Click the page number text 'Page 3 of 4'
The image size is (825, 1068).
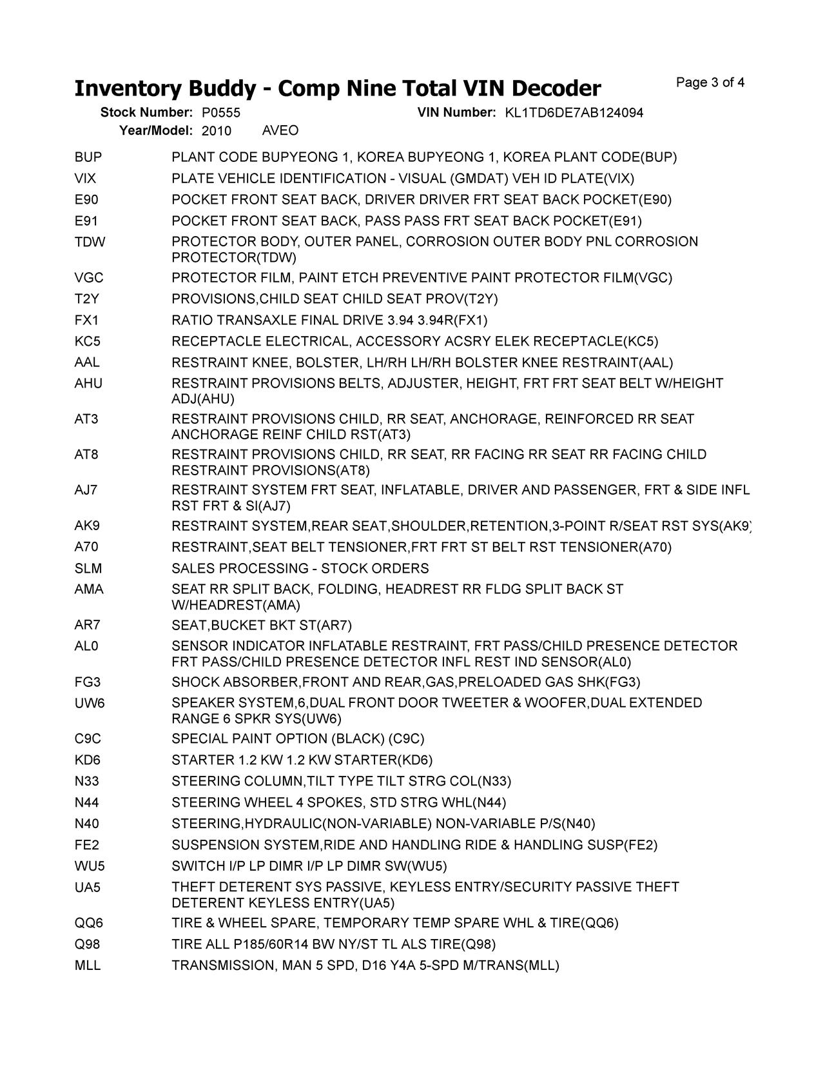pyautogui.click(x=710, y=83)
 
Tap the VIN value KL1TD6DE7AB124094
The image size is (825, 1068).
pyautogui.click(x=574, y=113)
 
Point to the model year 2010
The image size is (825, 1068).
pyautogui.click(x=216, y=131)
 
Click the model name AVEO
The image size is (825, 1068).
pyautogui.click(x=280, y=131)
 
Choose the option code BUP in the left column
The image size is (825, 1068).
pyautogui.click(x=88, y=157)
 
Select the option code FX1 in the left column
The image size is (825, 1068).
pyautogui.click(x=87, y=321)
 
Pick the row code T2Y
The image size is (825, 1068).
pyautogui.click(x=87, y=299)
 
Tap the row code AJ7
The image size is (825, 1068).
pyautogui.click(x=86, y=490)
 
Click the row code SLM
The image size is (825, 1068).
pyautogui.click(x=88, y=569)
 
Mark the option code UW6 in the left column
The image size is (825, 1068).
pyautogui.click(x=90, y=703)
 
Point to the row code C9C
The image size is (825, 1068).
pyautogui.click(x=88, y=739)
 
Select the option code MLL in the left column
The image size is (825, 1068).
pyautogui.click(x=88, y=966)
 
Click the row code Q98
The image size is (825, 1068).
pyautogui.click(x=87, y=945)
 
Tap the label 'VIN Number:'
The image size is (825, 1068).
pyautogui.click(x=456, y=113)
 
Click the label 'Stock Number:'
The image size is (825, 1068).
pyautogui.click(x=146, y=113)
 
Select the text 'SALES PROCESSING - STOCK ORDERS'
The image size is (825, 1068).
pyautogui.click(x=300, y=569)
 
